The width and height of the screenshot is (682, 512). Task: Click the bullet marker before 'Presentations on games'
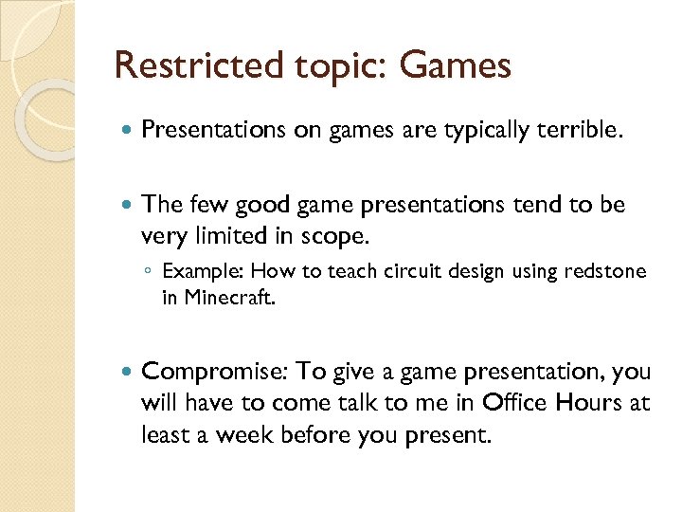[128, 130]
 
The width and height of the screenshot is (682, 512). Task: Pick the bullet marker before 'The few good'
[128, 205]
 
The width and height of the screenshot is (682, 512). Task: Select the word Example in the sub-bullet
[197, 273]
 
